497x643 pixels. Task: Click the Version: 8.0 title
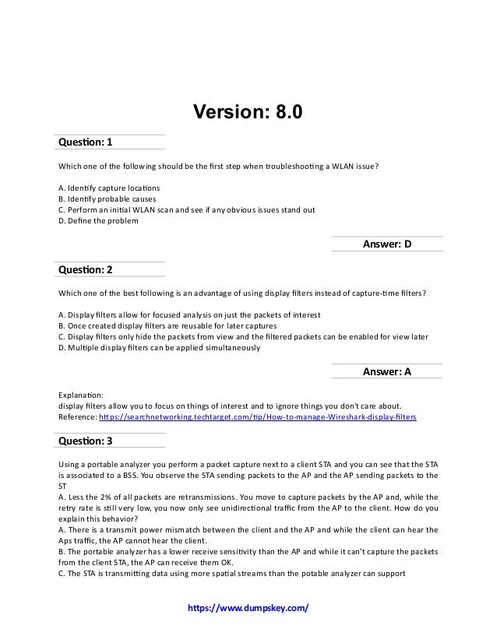coord(247,113)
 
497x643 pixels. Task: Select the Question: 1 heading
coord(86,142)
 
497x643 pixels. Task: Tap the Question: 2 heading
coord(86,270)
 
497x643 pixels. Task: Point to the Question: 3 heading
coord(86,441)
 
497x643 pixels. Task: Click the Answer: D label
coord(386,244)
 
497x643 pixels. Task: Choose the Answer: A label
coord(386,372)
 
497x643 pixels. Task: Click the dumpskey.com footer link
coord(248,606)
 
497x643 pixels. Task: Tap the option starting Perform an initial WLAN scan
coord(187,209)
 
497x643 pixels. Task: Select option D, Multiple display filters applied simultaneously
coord(159,348)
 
